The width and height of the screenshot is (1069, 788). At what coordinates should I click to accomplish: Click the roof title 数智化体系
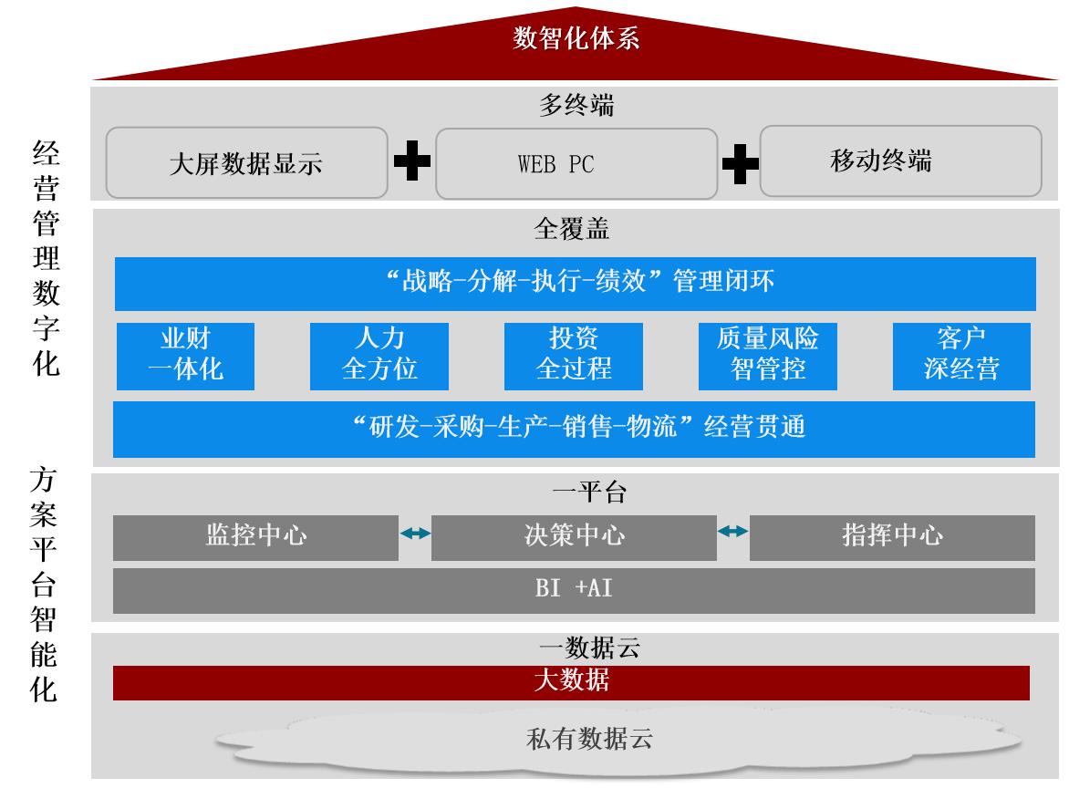click(576, 38)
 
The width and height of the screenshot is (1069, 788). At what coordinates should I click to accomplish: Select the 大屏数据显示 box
click(247, 163)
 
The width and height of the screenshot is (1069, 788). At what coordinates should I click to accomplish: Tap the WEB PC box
click(576, 164)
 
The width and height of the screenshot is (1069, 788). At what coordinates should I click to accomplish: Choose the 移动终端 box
click(900, 161)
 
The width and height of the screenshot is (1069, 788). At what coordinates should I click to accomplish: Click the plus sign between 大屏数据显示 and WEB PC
click(412, 161)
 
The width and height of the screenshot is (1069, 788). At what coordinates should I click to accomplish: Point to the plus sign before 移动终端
click(741, 163)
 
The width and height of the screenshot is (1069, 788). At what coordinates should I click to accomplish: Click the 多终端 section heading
click(576, 105)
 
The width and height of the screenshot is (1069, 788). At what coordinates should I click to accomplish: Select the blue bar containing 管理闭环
click(576, 284)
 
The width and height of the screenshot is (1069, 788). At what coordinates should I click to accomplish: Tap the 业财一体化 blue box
click(185, 357)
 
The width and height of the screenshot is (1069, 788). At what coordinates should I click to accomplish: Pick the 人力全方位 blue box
click(379, 357)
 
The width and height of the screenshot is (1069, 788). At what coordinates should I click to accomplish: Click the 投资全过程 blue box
click(574, 357)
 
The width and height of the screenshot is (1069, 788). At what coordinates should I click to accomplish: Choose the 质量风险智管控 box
click(768, 357)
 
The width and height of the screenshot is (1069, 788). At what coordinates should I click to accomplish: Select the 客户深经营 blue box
click(962, 357)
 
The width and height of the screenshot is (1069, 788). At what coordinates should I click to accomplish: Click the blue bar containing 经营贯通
click(574, 430)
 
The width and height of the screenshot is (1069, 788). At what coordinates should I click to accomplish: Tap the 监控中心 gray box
click(255, 538)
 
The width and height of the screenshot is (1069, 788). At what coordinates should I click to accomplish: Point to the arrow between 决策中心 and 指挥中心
click(733, 531)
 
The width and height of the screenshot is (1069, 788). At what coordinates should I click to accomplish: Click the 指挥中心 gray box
click(892, 538)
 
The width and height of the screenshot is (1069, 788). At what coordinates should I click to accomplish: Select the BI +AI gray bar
click(574, 591)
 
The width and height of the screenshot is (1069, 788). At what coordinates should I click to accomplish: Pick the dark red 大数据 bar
click(571, 683)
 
